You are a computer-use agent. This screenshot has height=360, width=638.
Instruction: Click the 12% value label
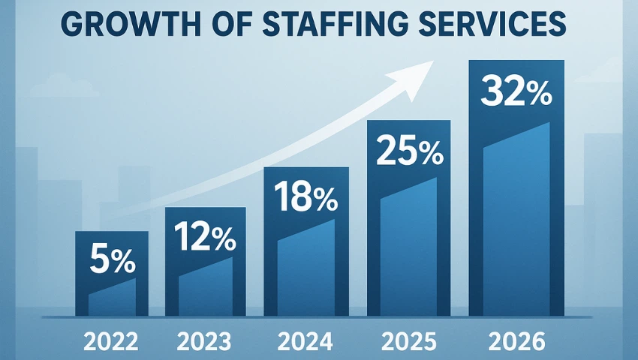(x=205, y=238)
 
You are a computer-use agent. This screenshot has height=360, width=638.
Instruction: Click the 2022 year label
(x=111, y=341)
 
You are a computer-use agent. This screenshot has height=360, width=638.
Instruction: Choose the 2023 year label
(x=205, y=341)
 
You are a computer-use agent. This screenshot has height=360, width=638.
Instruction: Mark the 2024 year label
(x=306, y=341)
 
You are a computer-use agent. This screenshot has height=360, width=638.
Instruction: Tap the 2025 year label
(x=408, y=341)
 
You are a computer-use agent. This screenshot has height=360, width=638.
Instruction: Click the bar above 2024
(x=306, y=262)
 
